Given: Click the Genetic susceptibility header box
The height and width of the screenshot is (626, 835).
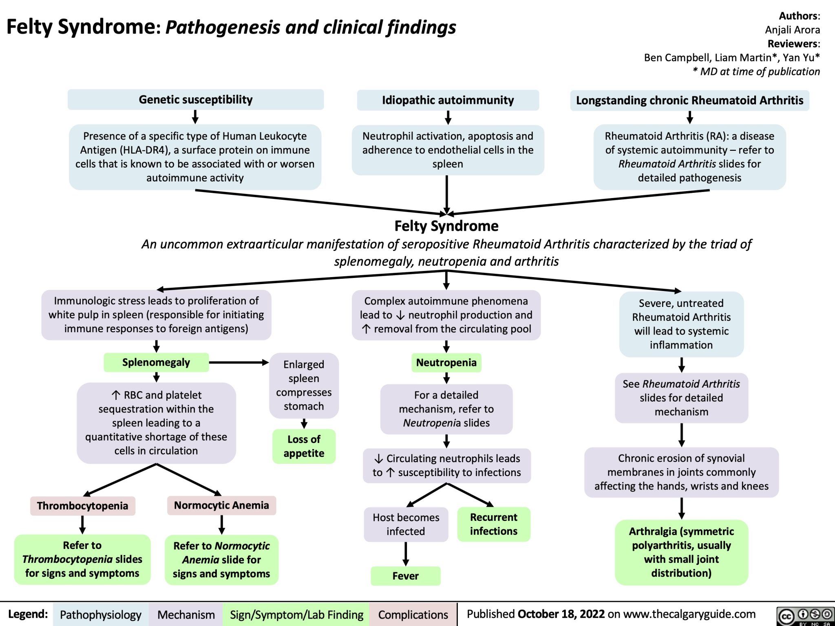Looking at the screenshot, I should [196, 99].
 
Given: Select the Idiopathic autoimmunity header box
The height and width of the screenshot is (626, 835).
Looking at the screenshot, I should [448, 100].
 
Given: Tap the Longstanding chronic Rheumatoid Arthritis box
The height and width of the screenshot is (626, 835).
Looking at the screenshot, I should [689, 100].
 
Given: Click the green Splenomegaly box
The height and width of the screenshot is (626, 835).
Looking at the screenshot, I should [156, 362].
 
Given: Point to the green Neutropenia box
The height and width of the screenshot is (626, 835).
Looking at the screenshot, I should [446, 362].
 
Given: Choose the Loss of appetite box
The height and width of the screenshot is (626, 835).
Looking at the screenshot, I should [304, 446].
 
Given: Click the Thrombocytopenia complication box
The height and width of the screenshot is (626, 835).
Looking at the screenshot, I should [83, 506].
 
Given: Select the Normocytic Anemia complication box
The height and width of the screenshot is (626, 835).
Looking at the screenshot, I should [221, 505].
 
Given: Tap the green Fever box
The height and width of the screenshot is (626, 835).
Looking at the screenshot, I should [405, 576].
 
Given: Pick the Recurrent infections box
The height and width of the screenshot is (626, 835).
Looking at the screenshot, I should [493, 524].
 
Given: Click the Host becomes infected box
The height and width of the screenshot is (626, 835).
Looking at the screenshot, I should [406, 525].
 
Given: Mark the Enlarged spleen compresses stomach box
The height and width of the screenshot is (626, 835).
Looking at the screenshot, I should [304, 385].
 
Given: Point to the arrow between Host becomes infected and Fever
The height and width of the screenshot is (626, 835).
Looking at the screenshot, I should [406, 552].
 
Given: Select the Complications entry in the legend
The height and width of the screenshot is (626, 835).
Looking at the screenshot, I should [413, 615].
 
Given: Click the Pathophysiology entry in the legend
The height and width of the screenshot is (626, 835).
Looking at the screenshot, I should [100, 615].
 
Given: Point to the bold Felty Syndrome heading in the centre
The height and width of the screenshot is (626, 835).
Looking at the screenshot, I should [446, 226].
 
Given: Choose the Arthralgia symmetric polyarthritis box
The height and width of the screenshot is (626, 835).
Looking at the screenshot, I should [681, 552].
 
